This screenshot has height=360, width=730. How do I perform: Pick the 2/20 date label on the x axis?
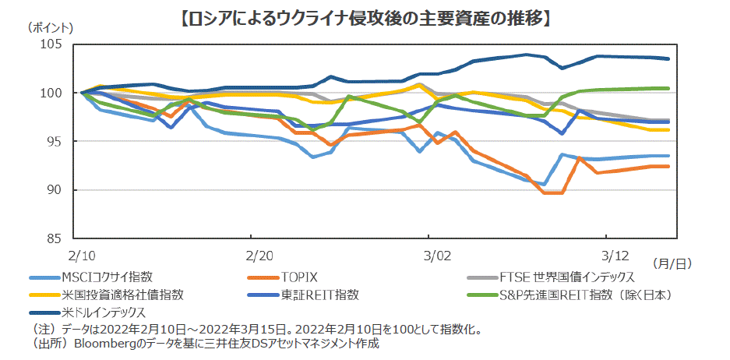pos(259,254)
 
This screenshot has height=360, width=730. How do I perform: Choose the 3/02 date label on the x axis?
pos(437,254)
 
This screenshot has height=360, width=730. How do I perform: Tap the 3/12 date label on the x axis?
pos(616,254)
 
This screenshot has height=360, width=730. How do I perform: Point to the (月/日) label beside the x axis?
pos(672,264)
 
